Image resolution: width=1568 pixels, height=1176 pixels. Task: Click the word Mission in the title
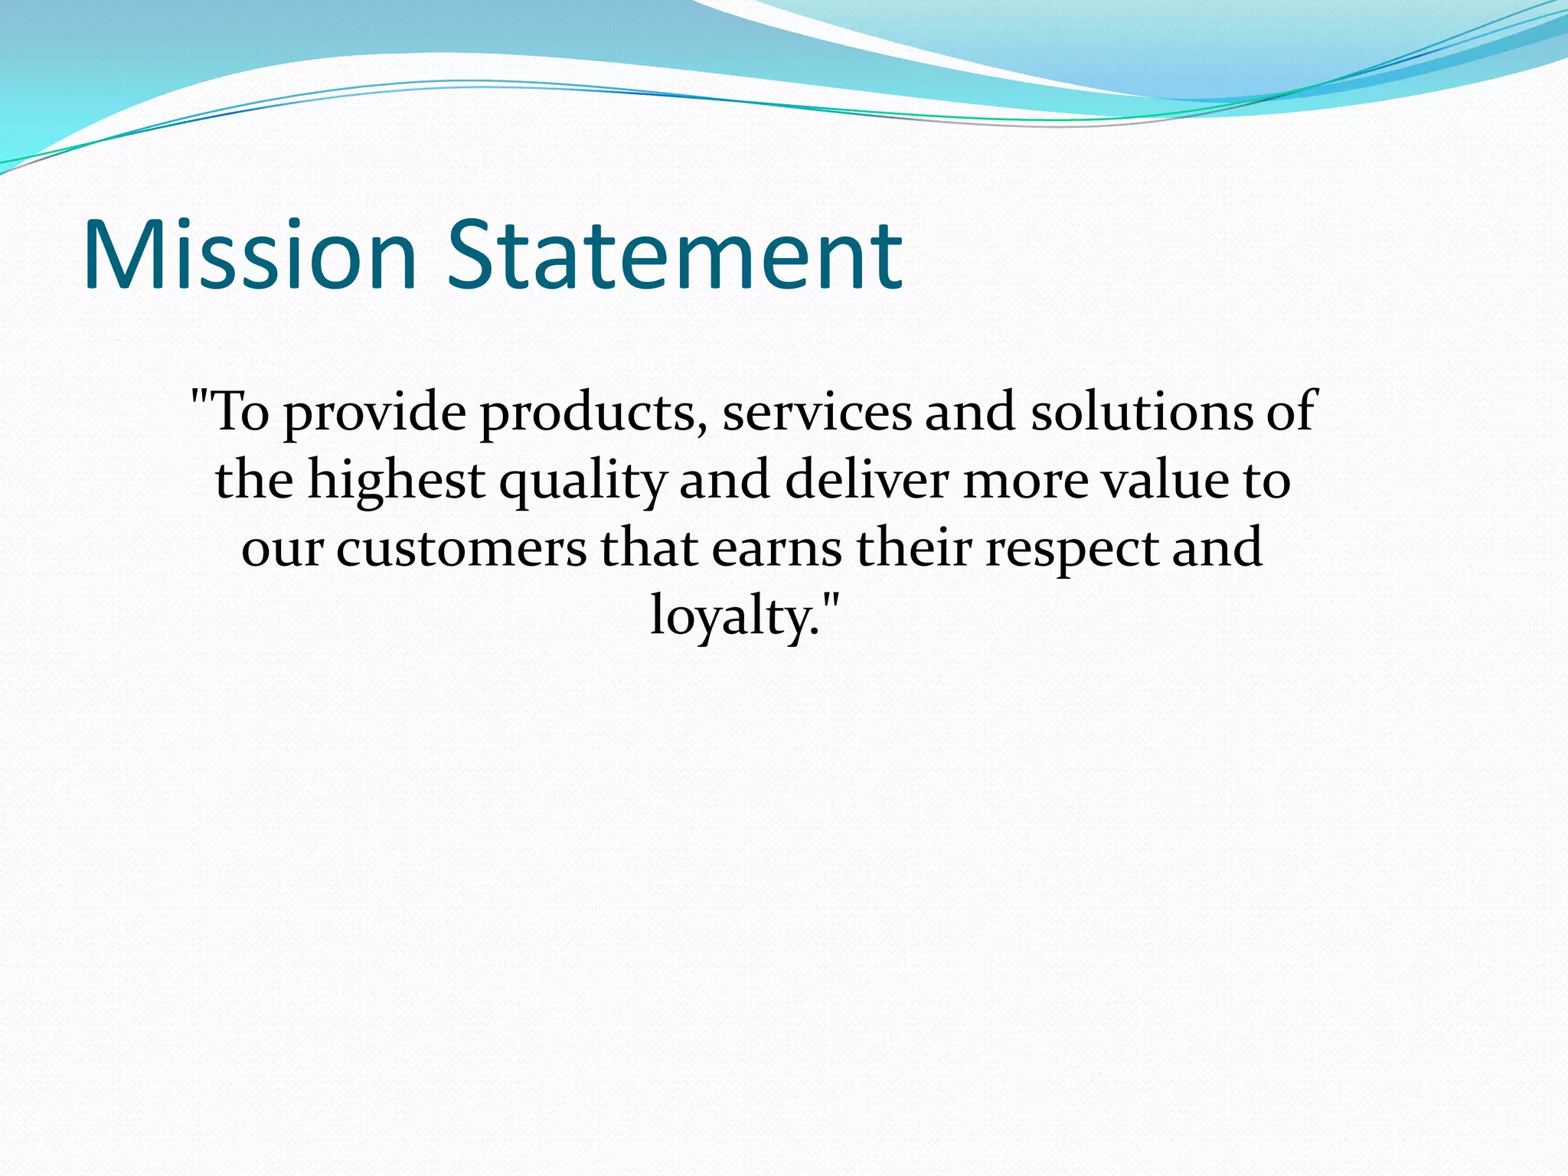(x=250, y=256)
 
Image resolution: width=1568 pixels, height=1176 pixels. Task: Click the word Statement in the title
(x=675, y=256)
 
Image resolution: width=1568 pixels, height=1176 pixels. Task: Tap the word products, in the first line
(x=593, y=413)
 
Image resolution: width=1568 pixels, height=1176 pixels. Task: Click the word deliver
(x=866, y=480)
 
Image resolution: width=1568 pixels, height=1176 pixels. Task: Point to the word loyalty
(x=730, y=617)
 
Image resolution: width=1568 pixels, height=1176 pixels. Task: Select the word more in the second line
(x=1024, y=482)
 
